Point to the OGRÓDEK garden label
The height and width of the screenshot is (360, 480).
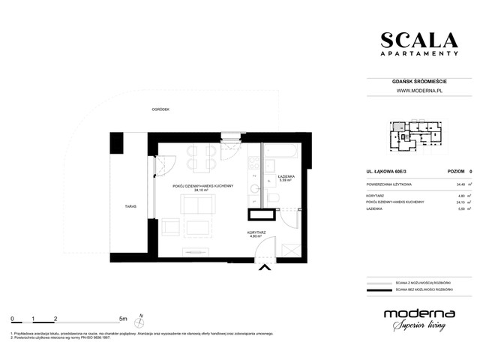159,109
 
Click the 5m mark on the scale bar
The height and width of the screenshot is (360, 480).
123,318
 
